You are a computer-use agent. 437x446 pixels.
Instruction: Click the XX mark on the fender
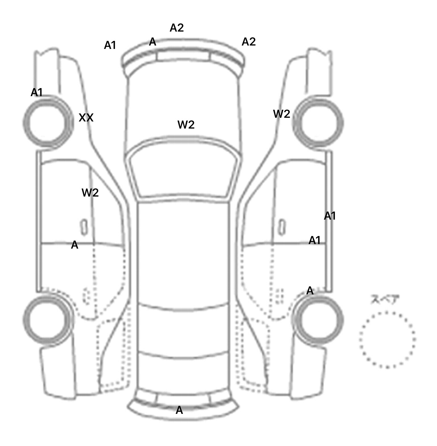(x=86, y=117)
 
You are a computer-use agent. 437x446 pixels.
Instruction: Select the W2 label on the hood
(x=186, y=125)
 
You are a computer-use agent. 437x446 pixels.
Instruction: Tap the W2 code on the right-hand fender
(x=281, y=114)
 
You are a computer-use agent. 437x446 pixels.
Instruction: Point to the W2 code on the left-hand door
(x=90, y=193)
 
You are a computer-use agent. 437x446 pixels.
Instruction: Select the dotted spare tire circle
(x=387, y=339)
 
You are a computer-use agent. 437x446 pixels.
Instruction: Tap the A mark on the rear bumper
(x=179, y=410)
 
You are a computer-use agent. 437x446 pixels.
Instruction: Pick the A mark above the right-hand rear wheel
(x=310, y=291)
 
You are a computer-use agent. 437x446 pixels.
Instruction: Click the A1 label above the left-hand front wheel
(x=36, y=92)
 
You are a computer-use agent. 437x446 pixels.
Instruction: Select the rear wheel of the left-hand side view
(x=47, y=319)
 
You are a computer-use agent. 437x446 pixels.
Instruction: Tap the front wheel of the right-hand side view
(x=318, y=123)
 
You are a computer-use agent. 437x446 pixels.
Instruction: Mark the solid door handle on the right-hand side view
(x=282, y=227)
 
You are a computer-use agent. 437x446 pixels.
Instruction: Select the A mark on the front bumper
(x=152, y=42)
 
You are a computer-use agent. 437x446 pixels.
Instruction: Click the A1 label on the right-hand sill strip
(x=330, y=216)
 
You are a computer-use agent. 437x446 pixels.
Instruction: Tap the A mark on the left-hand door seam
(x=75, y=245)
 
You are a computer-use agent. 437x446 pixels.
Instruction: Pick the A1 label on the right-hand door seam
(x=314, y=240)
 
